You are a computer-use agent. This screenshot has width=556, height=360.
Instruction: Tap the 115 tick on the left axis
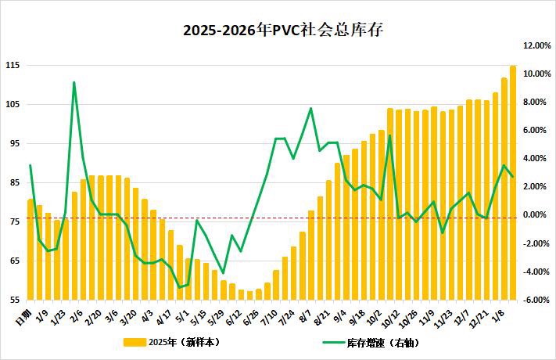coord(12,65)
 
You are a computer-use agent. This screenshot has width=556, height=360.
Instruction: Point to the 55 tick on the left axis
coord(13,300)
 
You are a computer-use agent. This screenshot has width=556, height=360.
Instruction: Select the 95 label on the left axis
coord(13,143)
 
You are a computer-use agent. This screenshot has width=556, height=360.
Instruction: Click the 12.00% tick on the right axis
coord(537,45)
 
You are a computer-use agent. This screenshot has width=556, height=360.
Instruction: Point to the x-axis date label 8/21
coord(321,315)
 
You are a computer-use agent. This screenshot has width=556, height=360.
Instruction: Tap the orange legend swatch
coord(135,342)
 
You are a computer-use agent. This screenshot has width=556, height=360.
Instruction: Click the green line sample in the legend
coord(337,342)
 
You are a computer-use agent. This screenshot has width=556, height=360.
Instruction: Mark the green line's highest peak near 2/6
coord(74,82)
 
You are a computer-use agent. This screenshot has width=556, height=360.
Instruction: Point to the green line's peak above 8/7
coord(310,108)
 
